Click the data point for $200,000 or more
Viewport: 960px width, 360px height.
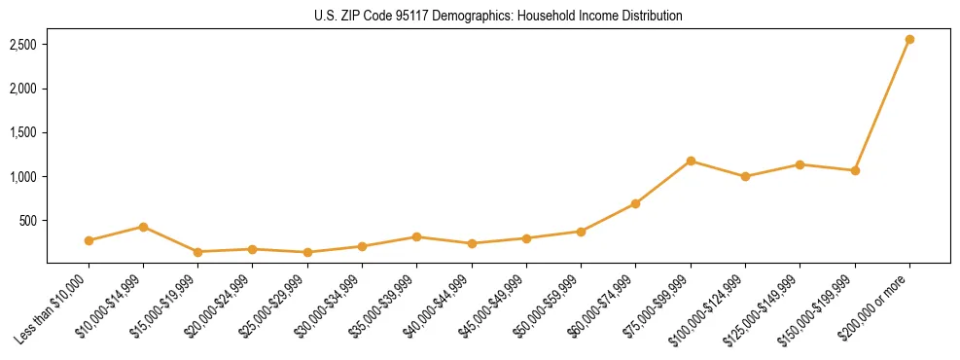[909, 40]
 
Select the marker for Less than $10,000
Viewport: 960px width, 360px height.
[89, 240]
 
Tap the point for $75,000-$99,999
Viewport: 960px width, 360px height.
[691, 161]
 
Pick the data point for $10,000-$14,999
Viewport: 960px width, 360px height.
[143, 227]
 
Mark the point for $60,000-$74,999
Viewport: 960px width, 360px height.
[635, 203]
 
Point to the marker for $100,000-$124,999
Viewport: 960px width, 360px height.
[745, 176]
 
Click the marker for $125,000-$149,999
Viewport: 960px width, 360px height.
[800, 164]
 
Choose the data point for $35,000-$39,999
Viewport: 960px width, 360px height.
[416, 236]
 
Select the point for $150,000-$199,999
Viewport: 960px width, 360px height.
[855, 170]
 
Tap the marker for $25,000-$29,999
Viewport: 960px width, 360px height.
[307, 252]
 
